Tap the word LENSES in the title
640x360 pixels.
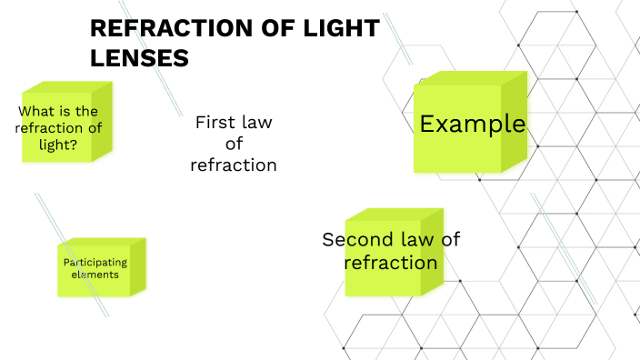(139, 57)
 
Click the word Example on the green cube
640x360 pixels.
(472, 124)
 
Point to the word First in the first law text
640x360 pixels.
(215, 122)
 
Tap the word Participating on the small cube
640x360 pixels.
(95, 263)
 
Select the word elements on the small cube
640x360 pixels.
(95, 274)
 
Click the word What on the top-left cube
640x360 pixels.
(36, 112)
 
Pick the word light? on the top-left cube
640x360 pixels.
(59, 144)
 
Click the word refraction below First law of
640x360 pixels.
(234, 165)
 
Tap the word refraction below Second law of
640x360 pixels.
(391, 263)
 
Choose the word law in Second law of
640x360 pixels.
(411, 240)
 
